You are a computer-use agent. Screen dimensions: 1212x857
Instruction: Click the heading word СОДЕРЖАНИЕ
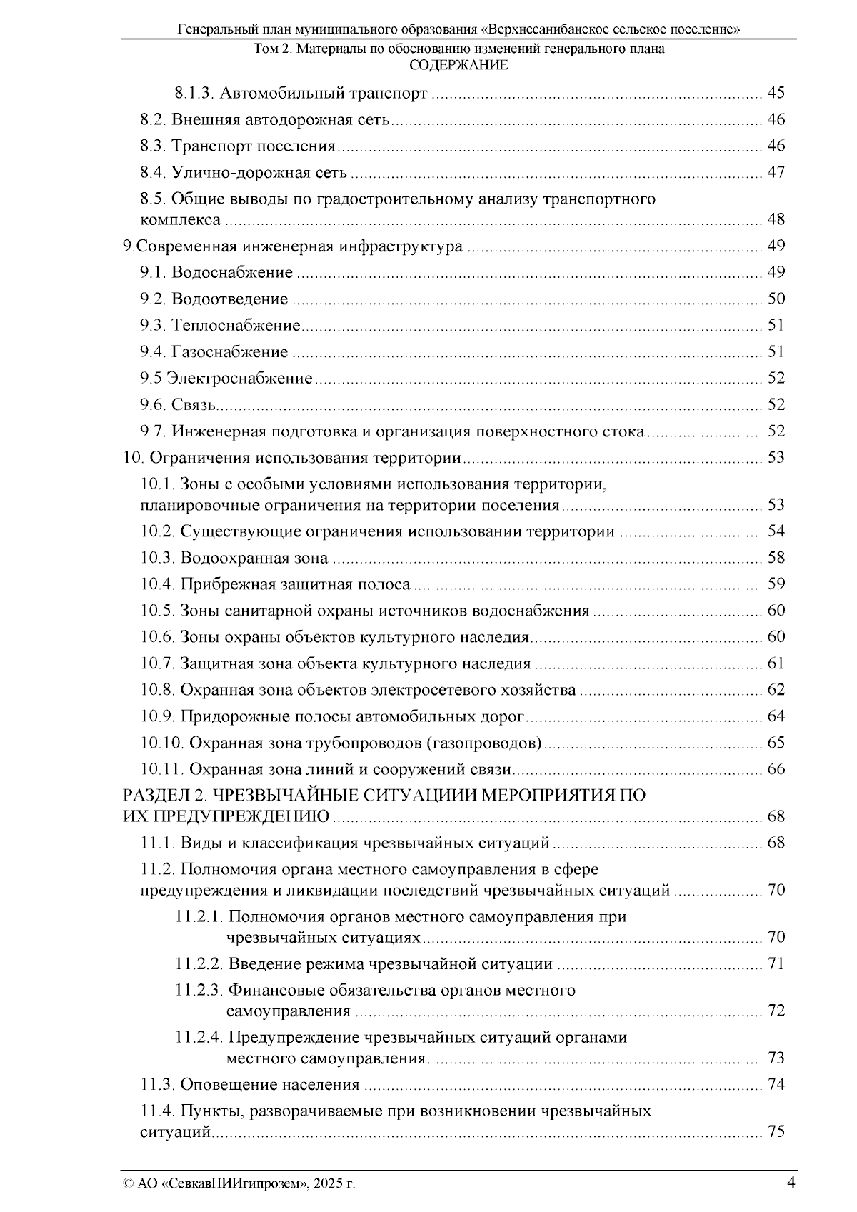(x=458, y=66)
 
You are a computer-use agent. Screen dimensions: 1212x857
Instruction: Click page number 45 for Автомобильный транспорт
(x=776, y=93)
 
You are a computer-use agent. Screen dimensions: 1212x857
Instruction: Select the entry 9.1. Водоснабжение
(x=216, y=272)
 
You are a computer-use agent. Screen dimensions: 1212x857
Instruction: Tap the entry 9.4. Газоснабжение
(x=214, y=351)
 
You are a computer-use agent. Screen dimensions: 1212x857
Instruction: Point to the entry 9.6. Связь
(x=178, y=405)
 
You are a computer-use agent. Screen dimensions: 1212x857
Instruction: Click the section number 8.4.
(x=153, y=172)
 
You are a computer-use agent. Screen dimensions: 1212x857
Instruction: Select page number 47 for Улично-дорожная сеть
(x=776, y=172)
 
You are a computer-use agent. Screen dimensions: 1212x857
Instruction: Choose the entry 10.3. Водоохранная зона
(x=234, y=558)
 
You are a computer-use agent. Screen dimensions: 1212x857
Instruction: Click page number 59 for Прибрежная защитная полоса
(x=776, y=584)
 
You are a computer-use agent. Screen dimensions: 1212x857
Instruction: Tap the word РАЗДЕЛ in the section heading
(x=152, y=796)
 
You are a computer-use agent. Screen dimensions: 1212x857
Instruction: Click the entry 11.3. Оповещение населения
(x=249, y=1085)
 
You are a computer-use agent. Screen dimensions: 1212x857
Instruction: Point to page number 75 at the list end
(x=776, y=1132)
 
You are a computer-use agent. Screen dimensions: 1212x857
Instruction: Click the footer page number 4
(x=791, y=1182)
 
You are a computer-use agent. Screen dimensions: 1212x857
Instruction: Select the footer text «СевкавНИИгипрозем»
(x=236, y=1184)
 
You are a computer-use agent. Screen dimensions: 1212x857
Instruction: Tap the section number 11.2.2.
(x=199, y=964)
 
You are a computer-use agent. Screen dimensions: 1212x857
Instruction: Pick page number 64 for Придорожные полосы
(x=776, y=716)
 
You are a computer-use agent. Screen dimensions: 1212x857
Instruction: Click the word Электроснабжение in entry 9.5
(x=239, y=379)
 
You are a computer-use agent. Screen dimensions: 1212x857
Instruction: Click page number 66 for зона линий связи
(x=776, y=769)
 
